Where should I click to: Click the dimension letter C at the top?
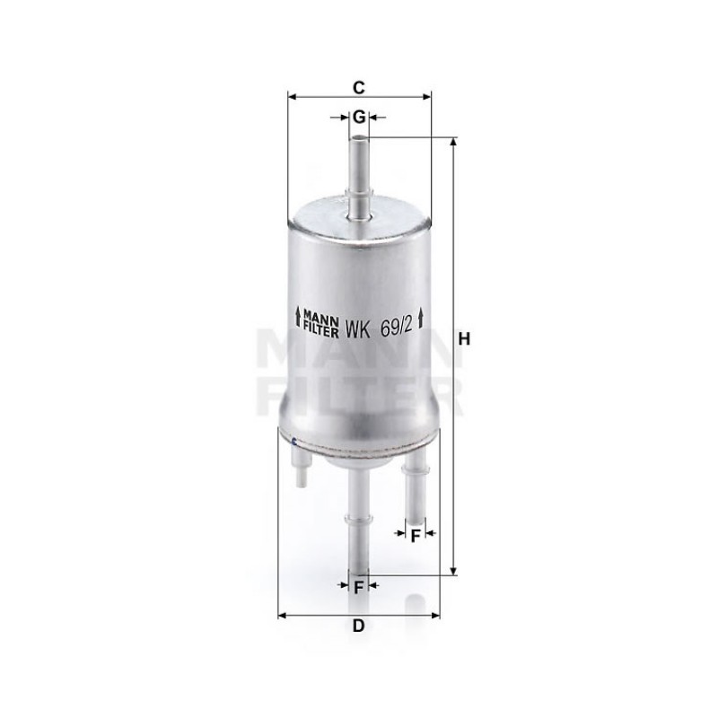359,87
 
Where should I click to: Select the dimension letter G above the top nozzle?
360,118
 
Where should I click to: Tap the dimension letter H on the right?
464,339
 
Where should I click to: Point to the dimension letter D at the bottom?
358,625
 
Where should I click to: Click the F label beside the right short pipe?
416,535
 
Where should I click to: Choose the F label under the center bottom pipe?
360,587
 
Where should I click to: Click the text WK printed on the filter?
357,328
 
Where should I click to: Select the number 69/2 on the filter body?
395,327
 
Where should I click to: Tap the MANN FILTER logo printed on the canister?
320,321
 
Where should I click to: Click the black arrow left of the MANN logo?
298,317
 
